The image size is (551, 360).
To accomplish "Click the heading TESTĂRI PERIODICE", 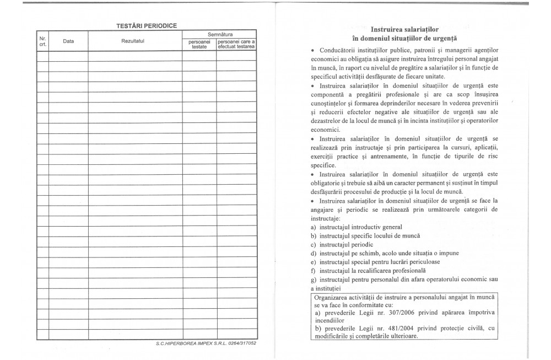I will pyautogui.click(x=146, y=25).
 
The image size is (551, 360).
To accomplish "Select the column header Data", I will pyautogui.click(x=68, y=41).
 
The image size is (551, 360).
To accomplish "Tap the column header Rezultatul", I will pyautogui.click(x=135, y=41).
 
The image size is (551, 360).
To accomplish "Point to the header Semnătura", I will pyautogui.click(x=219, y=35).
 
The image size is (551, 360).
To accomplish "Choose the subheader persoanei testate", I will pyautogui.click(x=199, y=45).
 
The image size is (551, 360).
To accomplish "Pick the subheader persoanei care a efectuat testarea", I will pyautogui.click(x=236, y=45).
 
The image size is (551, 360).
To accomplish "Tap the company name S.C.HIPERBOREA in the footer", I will pyautogui.click(x=180, y=343).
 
